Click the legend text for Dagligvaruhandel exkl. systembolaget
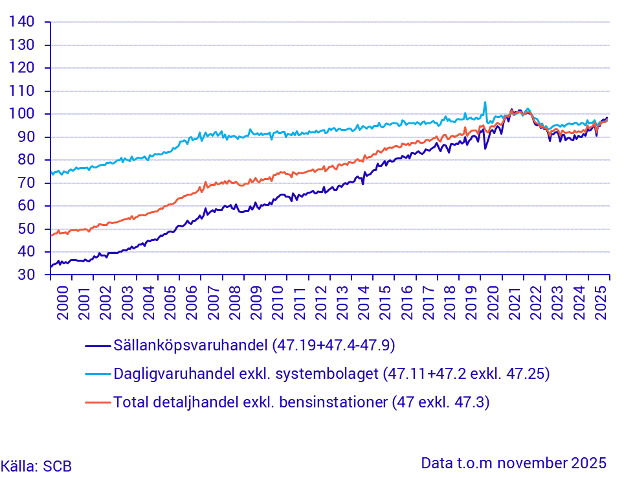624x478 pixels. pyautogui.click(x=331, y=373)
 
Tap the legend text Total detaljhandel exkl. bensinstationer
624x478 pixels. pyautogui.click(x=301, y=402)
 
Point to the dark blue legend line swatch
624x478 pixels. pyautogui.click(x=98, y=345)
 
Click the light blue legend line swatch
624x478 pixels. pyautogui.click(x=98, y=374)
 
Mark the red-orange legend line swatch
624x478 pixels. pyautogui.click(x=98, y=403)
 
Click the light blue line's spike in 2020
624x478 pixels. pyautogui.click(x=485, y=102)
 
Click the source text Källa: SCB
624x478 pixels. pyautogui.click(x=36, y=466)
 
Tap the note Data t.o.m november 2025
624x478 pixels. pyautogui.click(x=513, y=463)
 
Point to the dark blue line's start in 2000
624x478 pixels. pyautogui.click(x=50, y=266)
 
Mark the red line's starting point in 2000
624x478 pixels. pyautogui.click(x=50, y=235)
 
